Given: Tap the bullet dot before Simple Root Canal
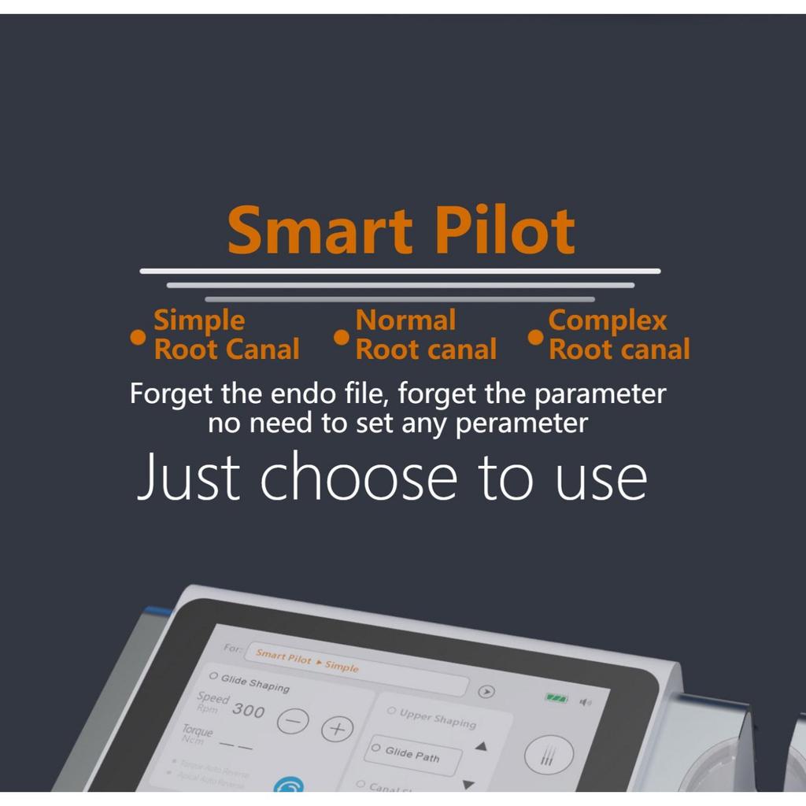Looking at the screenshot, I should [x=138, y=337].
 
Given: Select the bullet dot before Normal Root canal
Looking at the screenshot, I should [x=342, y=337].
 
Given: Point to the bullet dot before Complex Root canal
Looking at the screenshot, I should [x=535, y=337].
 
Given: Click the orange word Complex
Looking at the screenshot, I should [x=607, y=321].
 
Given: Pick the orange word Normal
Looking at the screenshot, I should [x=405, y=320].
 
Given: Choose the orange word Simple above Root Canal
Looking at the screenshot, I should [x=198, y=321].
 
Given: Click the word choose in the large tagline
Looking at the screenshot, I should [x=358, y=477].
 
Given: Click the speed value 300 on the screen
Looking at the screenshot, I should [x=248, y=711].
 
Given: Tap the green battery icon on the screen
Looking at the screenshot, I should [x=557, y=697].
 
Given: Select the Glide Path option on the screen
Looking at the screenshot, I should [x=412, y=755].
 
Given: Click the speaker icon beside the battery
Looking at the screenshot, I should [x=585, y=701].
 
